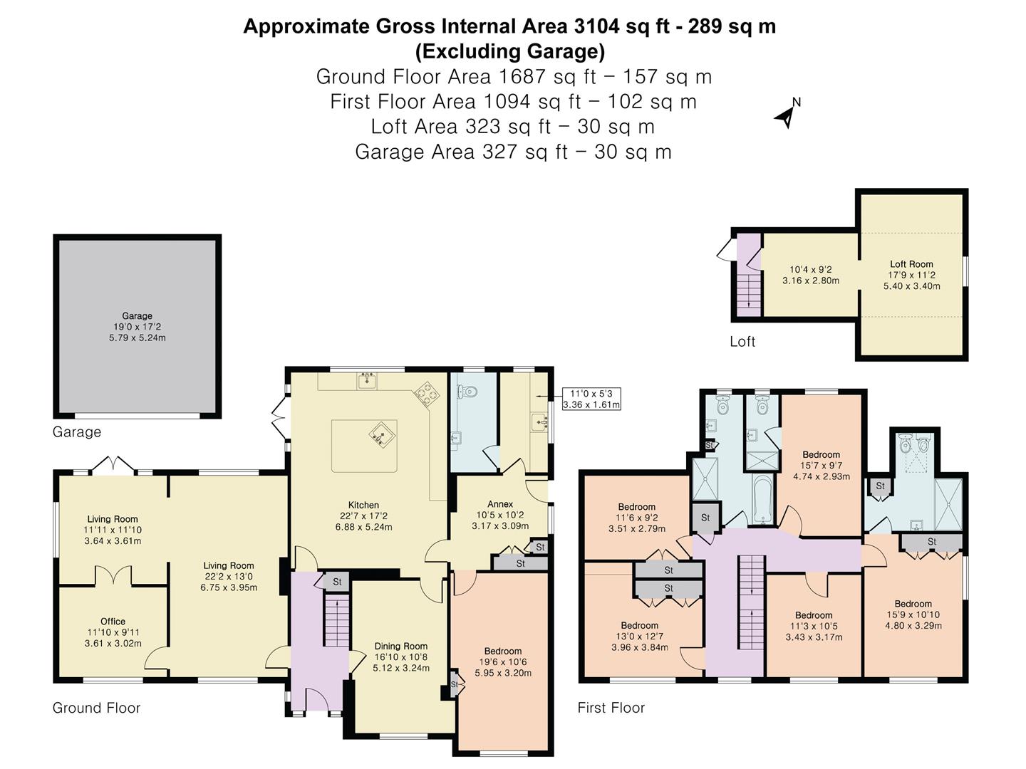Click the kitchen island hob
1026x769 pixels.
(383, 434)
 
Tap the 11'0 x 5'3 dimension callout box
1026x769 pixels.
(591, 399)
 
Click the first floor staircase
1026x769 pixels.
(751, 602)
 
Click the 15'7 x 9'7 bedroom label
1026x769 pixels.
(822, 466)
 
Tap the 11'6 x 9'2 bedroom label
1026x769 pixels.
(637, 518)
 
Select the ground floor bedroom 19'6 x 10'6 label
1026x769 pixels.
(503, 662)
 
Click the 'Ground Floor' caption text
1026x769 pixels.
(96, 708)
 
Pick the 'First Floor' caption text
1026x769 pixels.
(611, 707)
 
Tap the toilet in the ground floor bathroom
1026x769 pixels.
(467, 392)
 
